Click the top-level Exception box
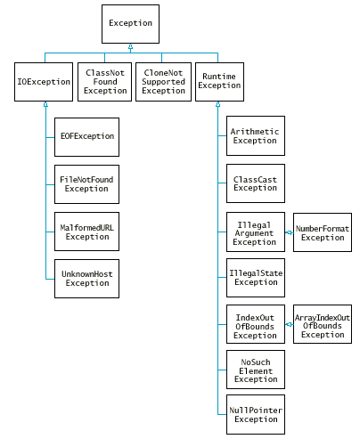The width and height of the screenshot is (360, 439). [130, 24]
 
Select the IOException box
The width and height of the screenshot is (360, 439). [44, 82]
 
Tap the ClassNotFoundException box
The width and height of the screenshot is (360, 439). [105, 82]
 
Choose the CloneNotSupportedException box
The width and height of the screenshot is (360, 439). [163, 82]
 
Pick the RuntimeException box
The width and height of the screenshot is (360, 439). [219, 82]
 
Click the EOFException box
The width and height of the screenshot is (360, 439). [86, 137]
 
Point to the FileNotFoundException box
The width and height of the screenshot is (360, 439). [86, 184]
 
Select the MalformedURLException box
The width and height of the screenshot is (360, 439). [86, 232]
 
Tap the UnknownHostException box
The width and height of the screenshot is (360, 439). [86, 279]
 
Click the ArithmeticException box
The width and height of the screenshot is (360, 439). [256, 135]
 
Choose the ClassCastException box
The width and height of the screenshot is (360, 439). [256, 183]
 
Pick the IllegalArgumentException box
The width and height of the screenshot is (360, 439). [256, 232]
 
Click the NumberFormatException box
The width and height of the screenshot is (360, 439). [323, 232]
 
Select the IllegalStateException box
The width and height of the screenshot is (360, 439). [256, 278]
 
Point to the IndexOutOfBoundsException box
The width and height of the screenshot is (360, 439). [256, 324]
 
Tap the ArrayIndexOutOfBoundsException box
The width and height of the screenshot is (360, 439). [323, 324]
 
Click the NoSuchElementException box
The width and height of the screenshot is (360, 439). [256, 370]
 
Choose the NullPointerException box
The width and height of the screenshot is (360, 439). [256, 415]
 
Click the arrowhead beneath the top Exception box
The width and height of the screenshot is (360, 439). [130, 46]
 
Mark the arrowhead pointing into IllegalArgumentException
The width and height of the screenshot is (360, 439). [288, 232]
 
